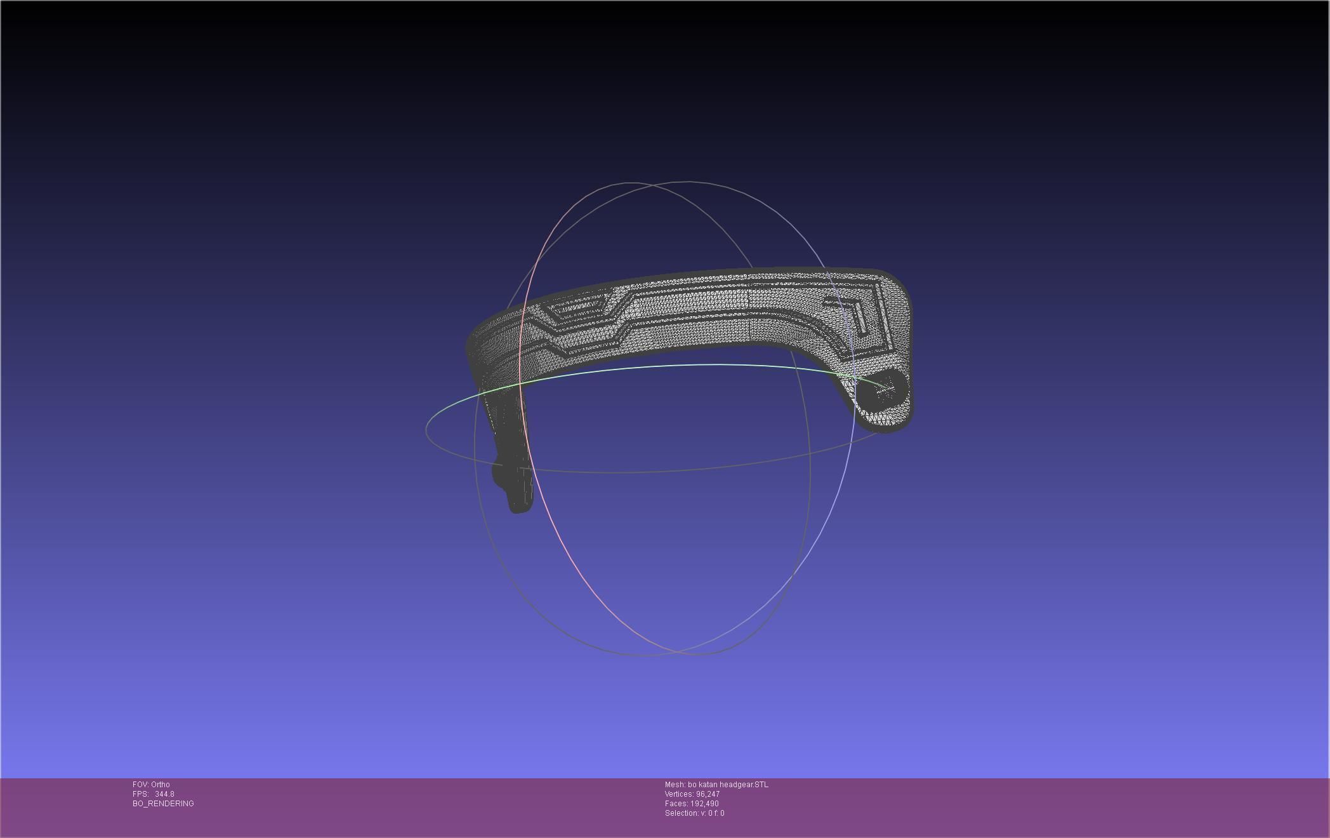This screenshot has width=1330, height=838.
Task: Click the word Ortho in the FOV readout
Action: [x=161, y=785]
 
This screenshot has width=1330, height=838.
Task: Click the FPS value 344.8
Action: [x=164, y=794]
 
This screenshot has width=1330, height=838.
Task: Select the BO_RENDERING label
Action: [x=163, y=804]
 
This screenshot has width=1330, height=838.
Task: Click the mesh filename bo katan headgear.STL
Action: [x=728, y=785]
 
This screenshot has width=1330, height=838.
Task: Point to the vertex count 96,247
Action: [x=708, y=794]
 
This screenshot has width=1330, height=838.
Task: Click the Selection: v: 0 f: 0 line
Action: [x=694, y=813]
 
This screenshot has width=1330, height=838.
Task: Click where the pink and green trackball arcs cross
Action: [x=521, y=383]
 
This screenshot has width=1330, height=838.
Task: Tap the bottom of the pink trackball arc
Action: [x=660, y=655]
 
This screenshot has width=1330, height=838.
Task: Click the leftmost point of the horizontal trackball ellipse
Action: [x=426, y=430]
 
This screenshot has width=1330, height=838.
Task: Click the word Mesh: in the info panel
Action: [x=675, y=785]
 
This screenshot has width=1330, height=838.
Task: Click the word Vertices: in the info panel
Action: [x=679, y=794]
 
